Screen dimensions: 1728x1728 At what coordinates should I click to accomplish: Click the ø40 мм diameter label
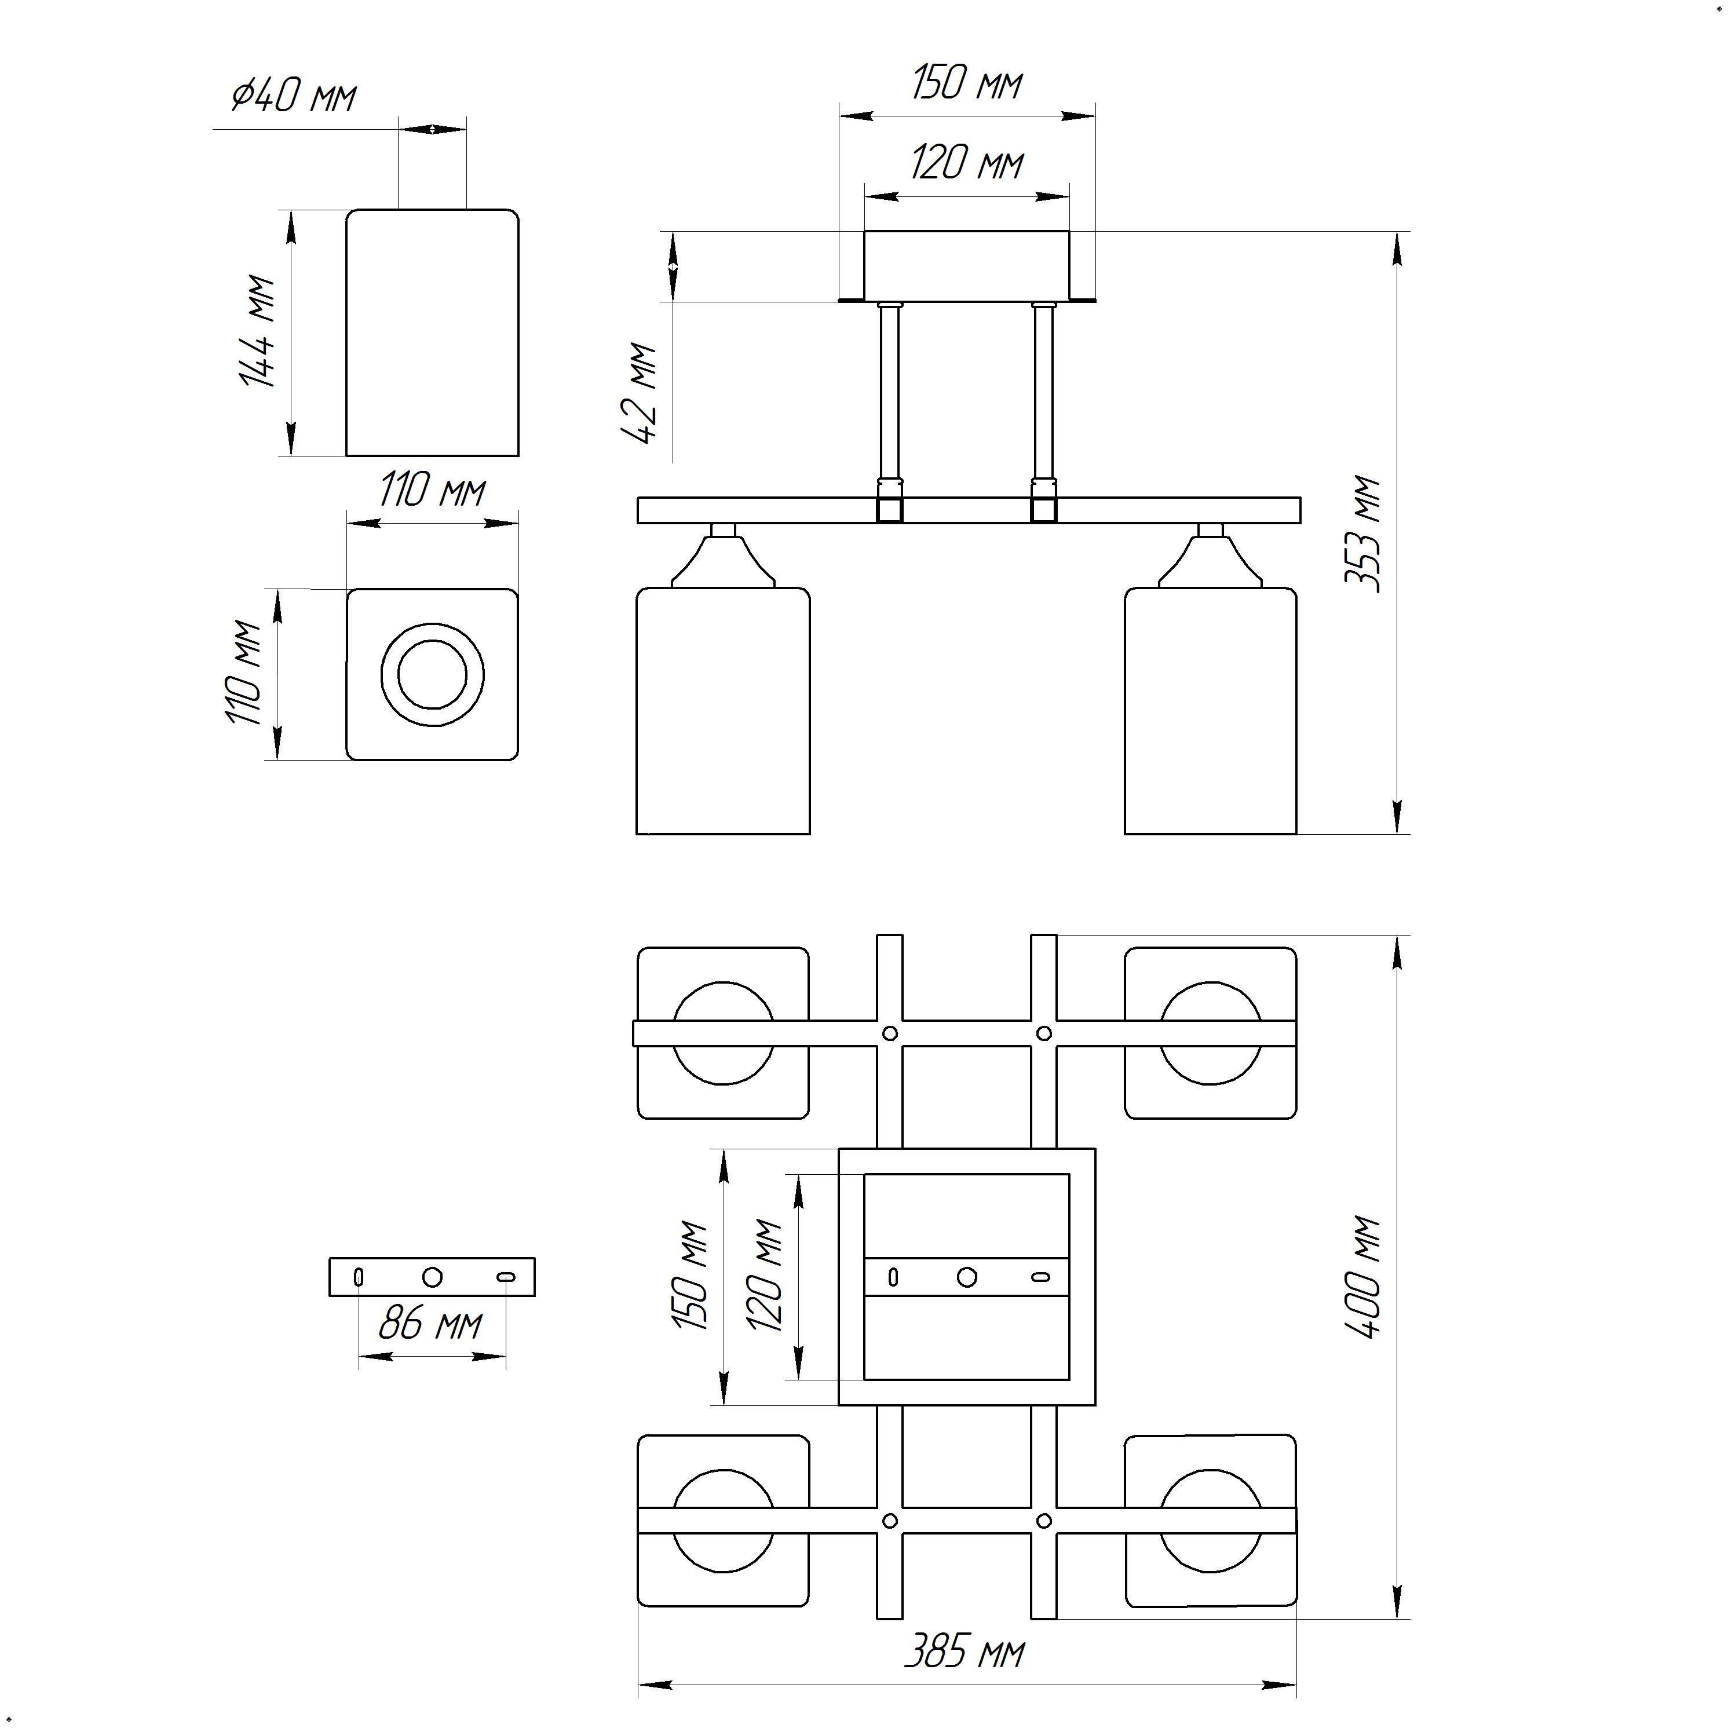(x=293, y=95)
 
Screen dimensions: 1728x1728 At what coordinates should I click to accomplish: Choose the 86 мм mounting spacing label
(x=430, y=1323)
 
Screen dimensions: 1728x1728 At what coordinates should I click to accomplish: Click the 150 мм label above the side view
(x=967, y=83)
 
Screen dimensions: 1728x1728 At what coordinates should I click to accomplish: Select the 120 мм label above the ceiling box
(x=967, y=164)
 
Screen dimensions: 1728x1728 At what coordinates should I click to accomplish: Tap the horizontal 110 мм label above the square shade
(x=433, y=491)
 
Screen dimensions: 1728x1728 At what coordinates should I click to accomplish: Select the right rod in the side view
(x=1043, y=398)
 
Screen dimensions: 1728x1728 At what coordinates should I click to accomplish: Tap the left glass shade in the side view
(x=723, y=711)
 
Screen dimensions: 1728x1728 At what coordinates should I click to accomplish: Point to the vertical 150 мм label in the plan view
(x=692, y=1276)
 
